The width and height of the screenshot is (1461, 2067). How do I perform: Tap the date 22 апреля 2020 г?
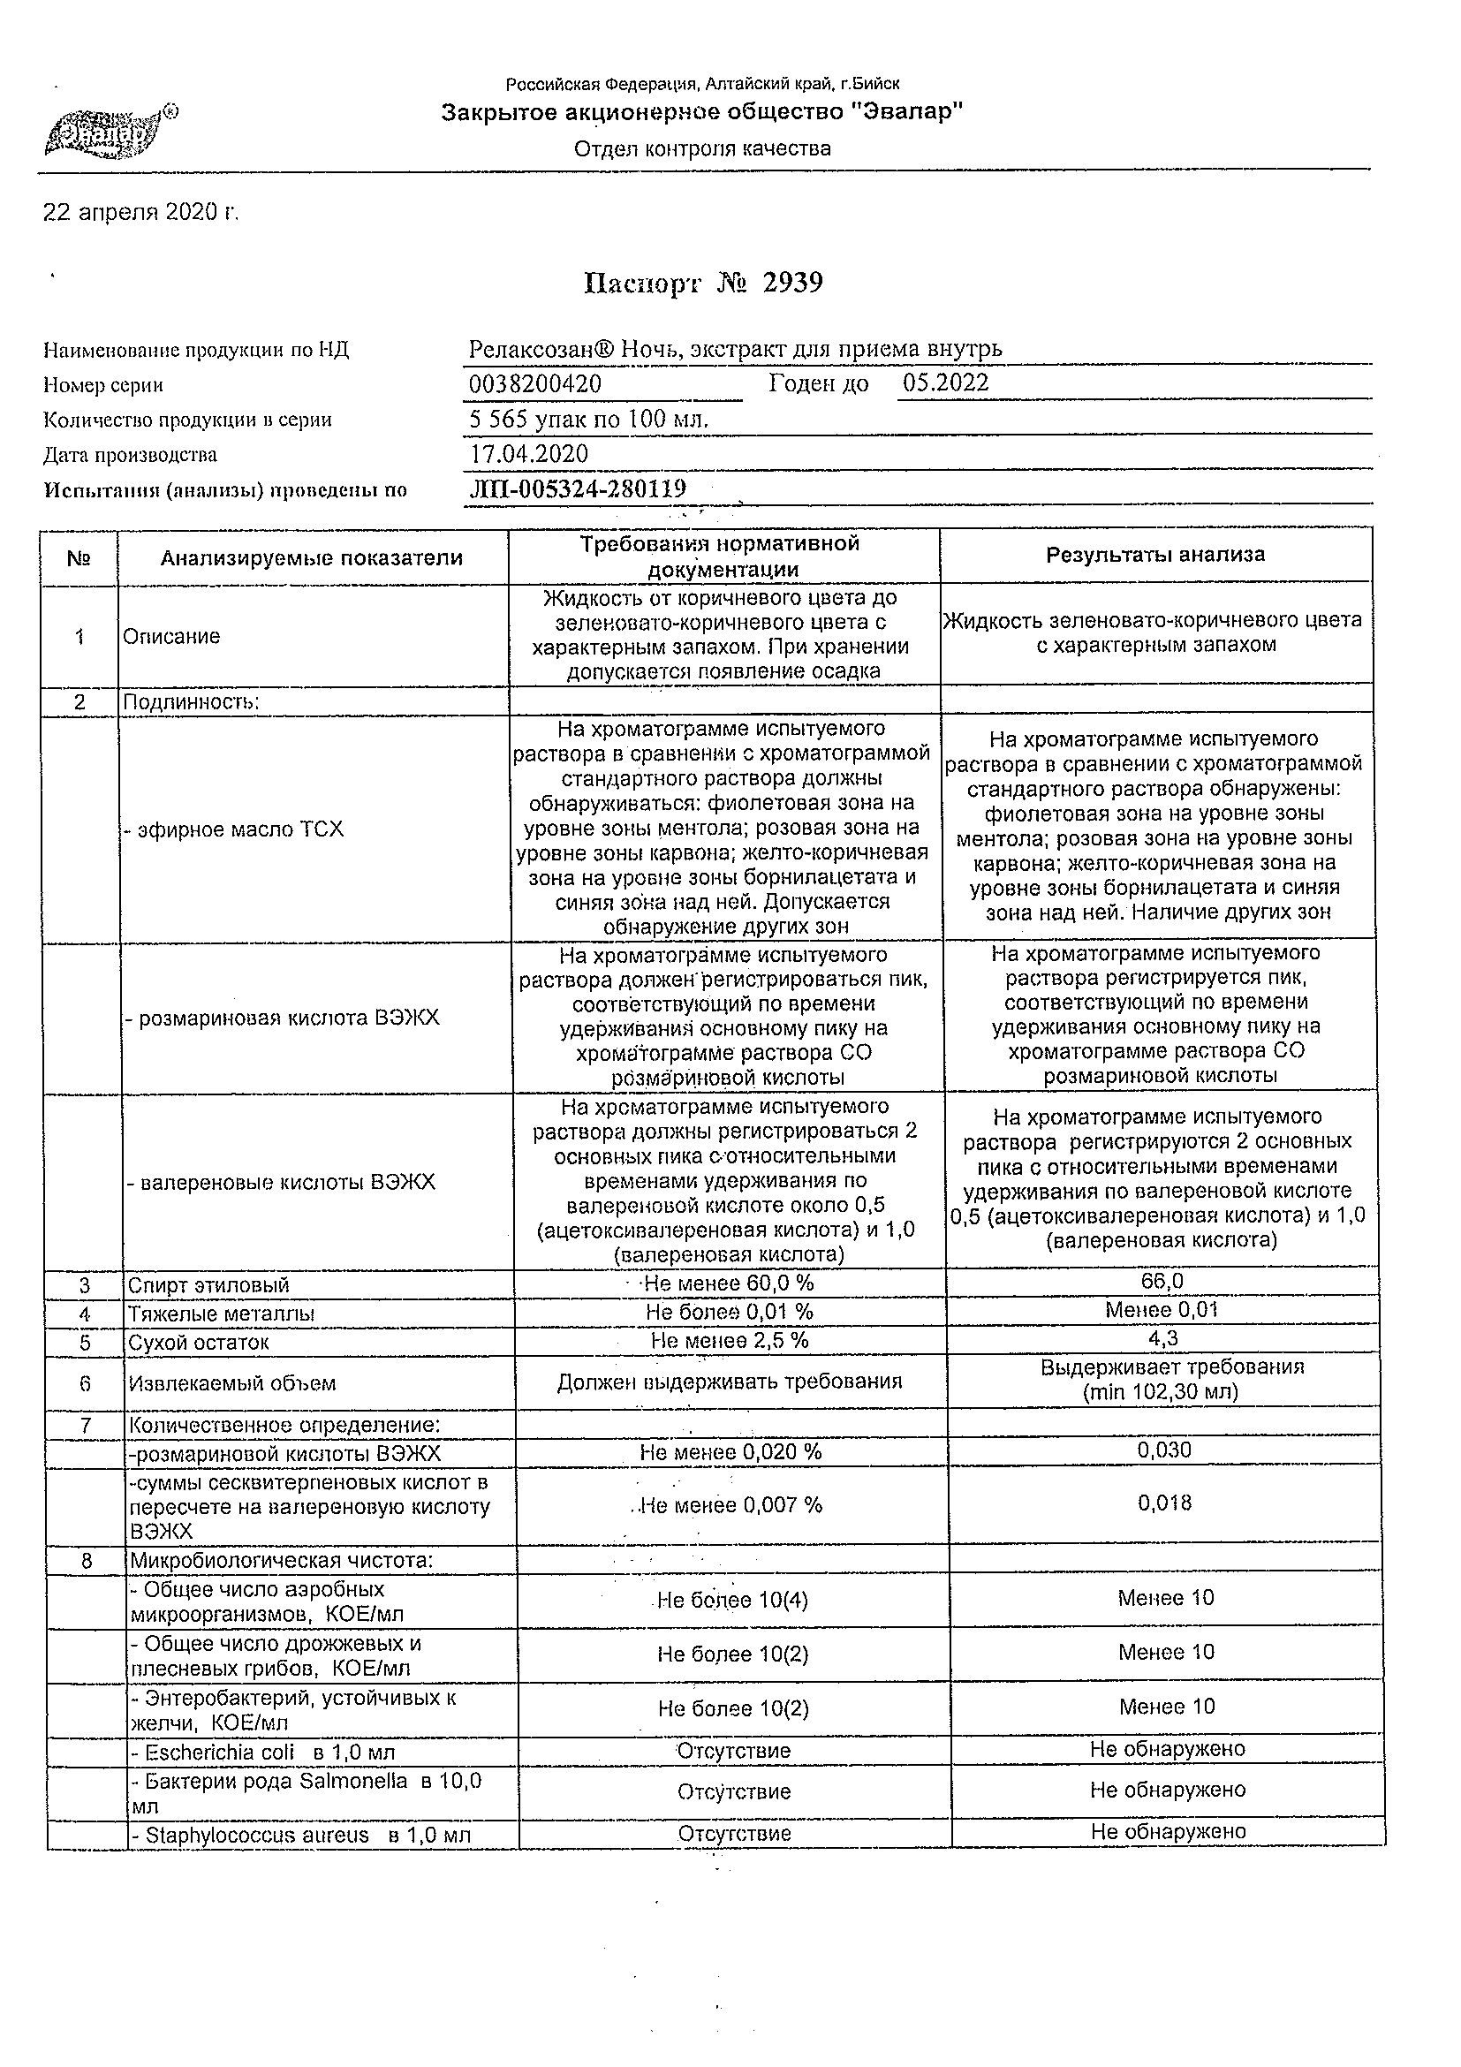(140, 213)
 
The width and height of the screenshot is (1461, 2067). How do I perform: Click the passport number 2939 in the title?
(792, 284)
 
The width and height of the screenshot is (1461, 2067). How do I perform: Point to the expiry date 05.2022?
(945, 382)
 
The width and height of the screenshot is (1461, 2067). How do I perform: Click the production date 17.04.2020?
(529, 454)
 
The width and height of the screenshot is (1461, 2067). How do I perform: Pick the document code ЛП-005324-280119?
(578, 488)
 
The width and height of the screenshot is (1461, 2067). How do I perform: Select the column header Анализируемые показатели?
(312, 558)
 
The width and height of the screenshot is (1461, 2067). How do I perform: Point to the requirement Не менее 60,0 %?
(729, 1283)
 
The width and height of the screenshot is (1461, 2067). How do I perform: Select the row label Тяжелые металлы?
(222, 1314)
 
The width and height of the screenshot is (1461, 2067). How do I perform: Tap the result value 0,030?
(1164, 1450)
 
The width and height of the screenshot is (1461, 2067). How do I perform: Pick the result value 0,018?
(1165, 1503)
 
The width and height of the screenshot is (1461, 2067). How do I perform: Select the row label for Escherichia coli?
(263, 1753)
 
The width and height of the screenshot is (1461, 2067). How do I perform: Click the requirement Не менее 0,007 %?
(731, 1504)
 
